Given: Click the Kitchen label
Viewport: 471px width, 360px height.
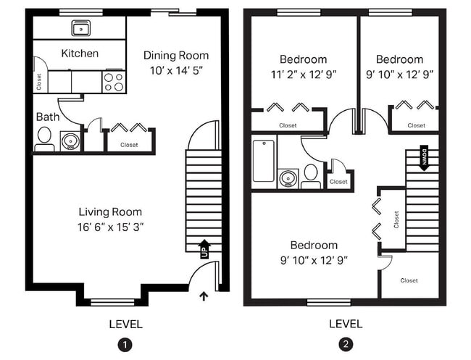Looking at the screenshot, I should pyautogui.click(x=80, y=54).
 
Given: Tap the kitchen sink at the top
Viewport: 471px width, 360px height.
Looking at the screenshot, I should pyautogui.click(x=80, y=28).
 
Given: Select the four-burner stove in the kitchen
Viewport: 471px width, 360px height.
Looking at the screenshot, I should pyautogui.click(x=114, y=81).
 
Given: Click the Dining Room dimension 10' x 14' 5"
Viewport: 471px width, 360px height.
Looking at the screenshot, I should pyautogui.click(x=175, y=72).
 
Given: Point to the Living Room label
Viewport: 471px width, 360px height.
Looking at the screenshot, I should pyautogui.click(x=110, y=212).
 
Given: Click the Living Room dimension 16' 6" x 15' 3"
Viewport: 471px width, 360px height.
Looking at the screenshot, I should pyautogui.click(x=111, y=227).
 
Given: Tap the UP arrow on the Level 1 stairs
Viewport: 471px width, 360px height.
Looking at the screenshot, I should pyautogui.click(x=204, y=248).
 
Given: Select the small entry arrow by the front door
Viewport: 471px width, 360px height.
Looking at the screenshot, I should pyautogui.click(x=203, y=294).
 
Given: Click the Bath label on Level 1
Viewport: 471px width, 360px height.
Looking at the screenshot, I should pyautogui.click(x=47, y=117).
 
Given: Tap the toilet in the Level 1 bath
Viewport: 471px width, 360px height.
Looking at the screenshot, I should pyautogui.click(x=43, y=137).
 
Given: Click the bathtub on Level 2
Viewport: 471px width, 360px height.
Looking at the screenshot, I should pyautogui.click(x=262, y=161).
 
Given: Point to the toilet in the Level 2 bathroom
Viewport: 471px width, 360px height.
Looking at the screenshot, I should pyautogui.click(x=311, y=175).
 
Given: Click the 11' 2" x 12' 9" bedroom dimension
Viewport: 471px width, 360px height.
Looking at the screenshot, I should pyautogui.click(x=303, y=74).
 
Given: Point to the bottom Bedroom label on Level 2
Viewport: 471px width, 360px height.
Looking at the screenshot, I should pyautogui.click(x=314, y=245).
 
